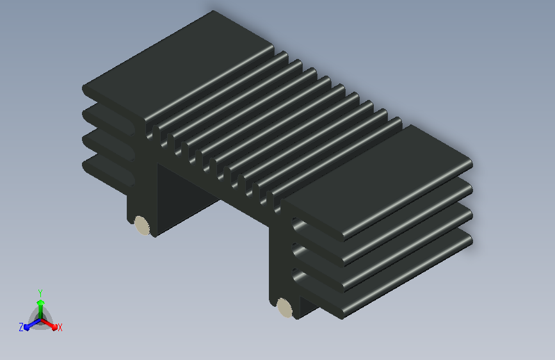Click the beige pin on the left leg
pyautogui.click(x=141, y=225)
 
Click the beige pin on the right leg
pyautogui.click(x=285, y=307)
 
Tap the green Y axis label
pyautogui.click(x=40, y=293)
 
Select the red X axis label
pyautogui.click(x=60, y=327)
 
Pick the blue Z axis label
pyautogui.click(x=21, y=327)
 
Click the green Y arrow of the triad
pyautogui.click(x=41, y=309)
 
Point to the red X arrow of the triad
pyautogui.click(x=49, y=323)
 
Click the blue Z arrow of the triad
pyautogui.click(x=32, y=324)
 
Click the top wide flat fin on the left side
pyautogui.click(x=177, y=65)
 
